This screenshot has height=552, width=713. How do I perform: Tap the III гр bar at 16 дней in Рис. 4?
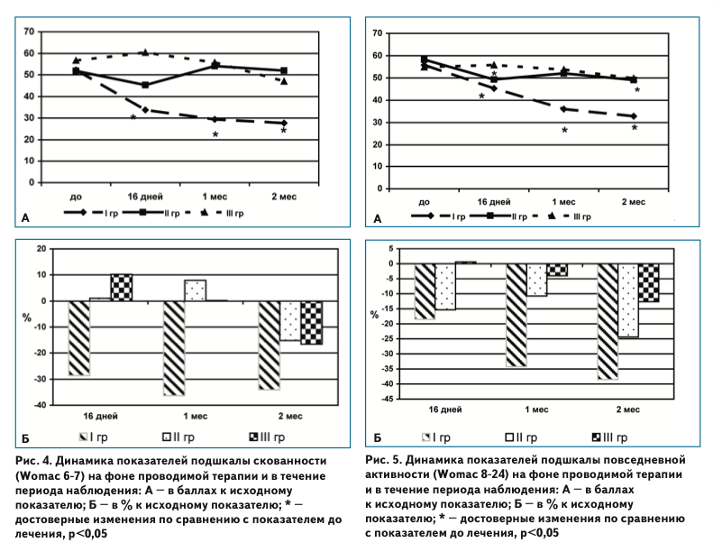click(x=122, y=287)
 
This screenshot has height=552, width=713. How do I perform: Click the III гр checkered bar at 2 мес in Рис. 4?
click(x=310, y=322)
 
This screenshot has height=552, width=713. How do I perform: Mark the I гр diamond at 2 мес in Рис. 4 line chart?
click(x=283, y=123)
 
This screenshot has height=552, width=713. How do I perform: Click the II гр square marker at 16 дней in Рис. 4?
click(x=145, y=85)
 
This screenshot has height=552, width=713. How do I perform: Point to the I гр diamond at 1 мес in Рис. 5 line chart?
click(x=563, y=109)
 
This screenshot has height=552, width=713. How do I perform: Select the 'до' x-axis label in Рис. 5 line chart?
click(x=424, y=202)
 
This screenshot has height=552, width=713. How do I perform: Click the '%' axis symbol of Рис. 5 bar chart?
click(x=375, y=314)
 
